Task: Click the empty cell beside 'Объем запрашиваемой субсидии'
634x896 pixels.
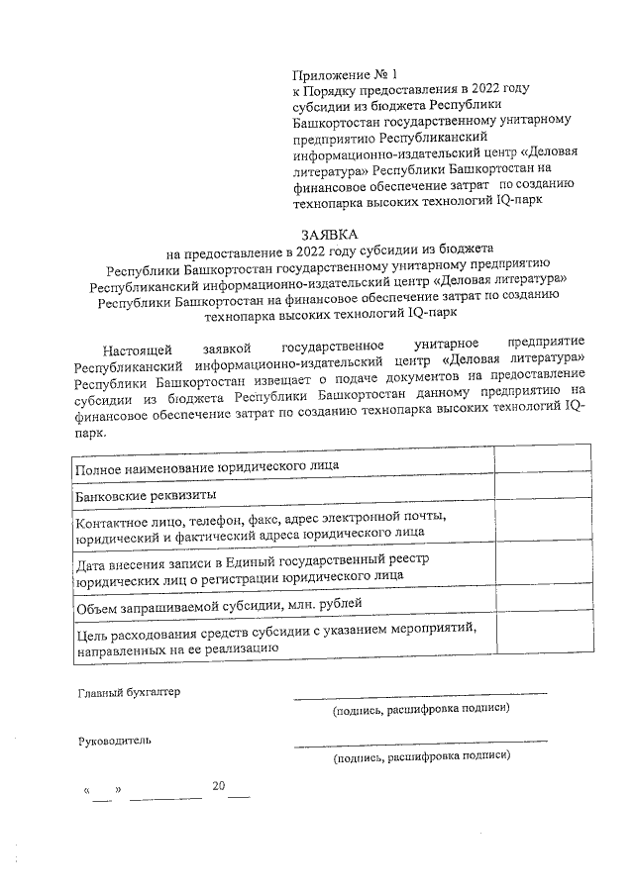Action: pyautogui.click(x=543, y=601)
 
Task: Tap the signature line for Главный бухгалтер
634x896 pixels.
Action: pyautogui.click(x=419, y=694)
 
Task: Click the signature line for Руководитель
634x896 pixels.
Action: pyautogui.click(x=419, y=742)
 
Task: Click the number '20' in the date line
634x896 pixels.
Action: pyautogui.click(x=219, y=787)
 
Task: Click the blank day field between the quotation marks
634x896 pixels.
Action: pyautogui.click(x=103, y=792)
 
